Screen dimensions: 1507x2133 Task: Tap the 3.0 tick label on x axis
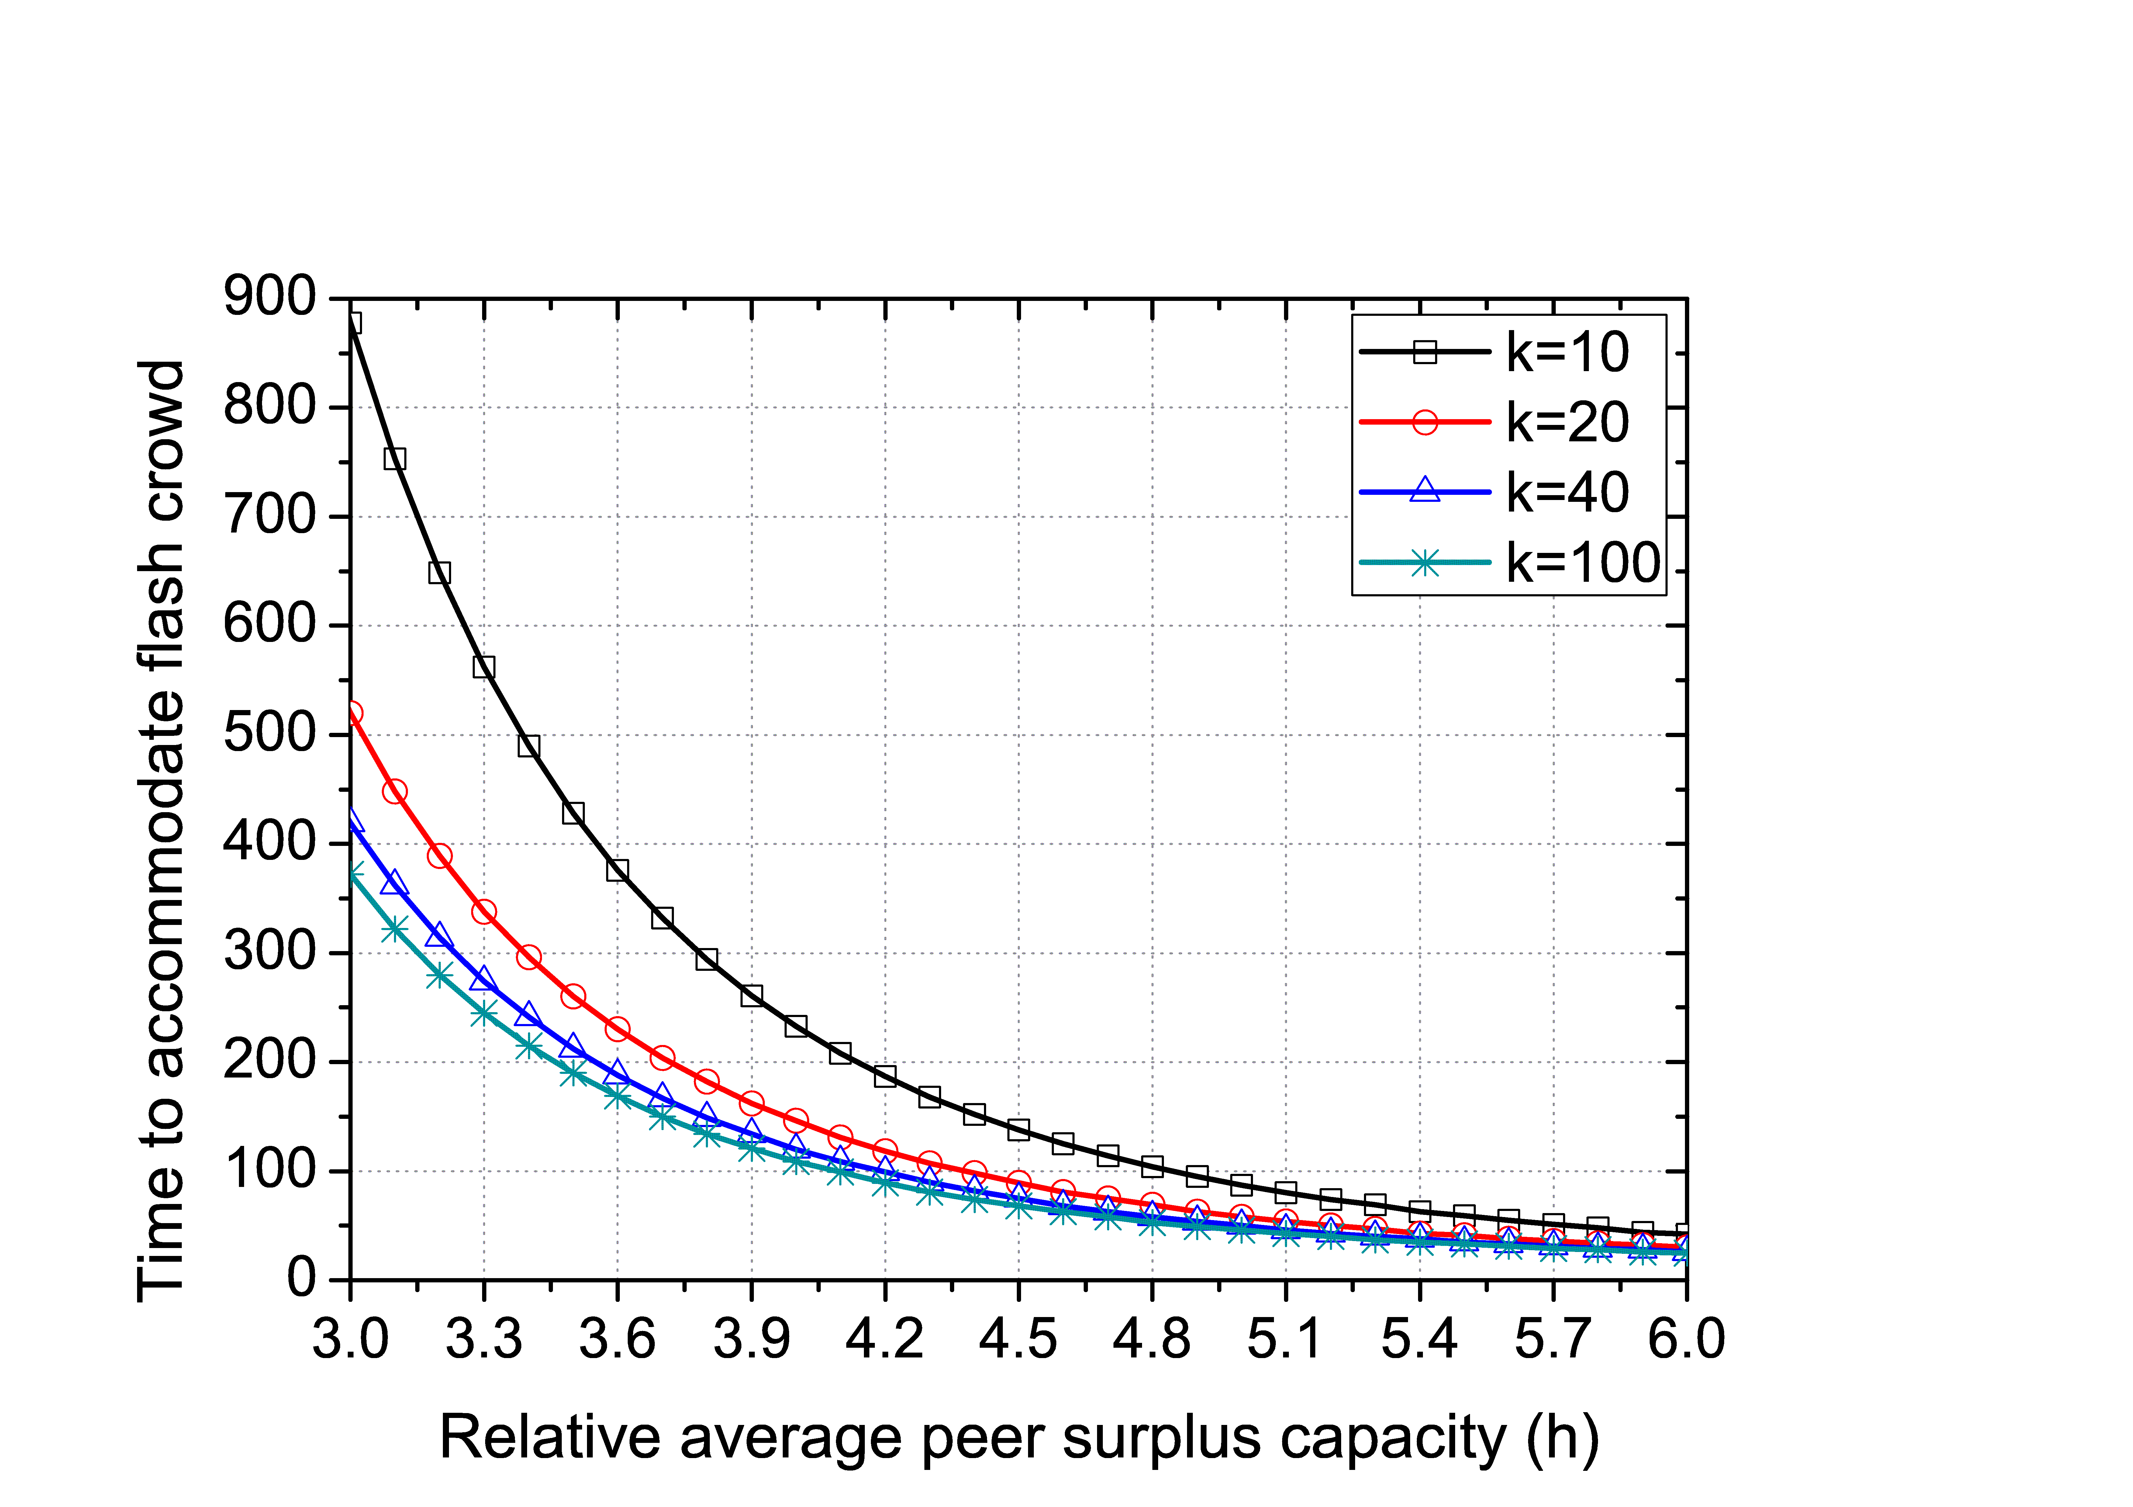(x=350, y=1339)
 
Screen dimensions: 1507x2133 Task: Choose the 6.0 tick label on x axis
(x=1686, y=1339)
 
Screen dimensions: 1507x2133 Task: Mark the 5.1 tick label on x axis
(x=1286, y=1339)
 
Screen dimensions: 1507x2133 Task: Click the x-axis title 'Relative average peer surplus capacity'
(x=1019, y=1438)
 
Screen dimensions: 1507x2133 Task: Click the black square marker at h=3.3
(x=484, y=667)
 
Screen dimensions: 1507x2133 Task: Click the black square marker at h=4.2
(x=885, y=1076)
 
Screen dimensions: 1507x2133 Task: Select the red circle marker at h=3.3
(x=484, y=912)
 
